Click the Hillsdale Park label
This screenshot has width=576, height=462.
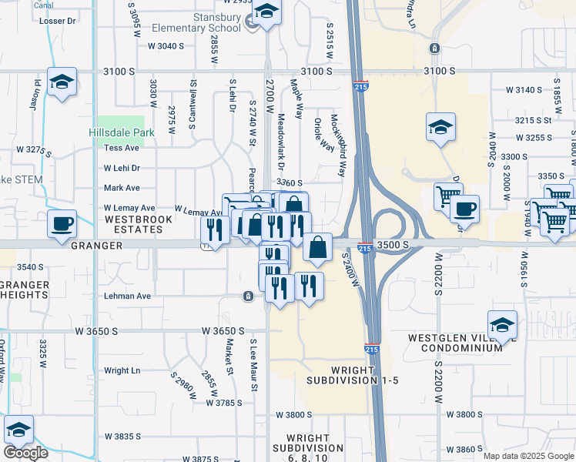coord(122,132)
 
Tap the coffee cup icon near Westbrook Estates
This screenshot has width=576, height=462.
coord(62,224)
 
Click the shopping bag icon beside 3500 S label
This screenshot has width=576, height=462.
coord(317,247)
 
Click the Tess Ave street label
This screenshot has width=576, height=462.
coord(122,148)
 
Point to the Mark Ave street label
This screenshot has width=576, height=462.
coord(122,188)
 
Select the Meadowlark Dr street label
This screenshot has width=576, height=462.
coord(281,142)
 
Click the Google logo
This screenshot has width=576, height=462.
coord(25,453)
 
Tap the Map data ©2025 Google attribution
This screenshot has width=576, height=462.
coord(528,456)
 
